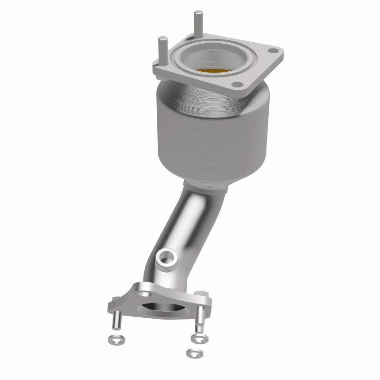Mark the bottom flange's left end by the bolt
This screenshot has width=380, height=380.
116,303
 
